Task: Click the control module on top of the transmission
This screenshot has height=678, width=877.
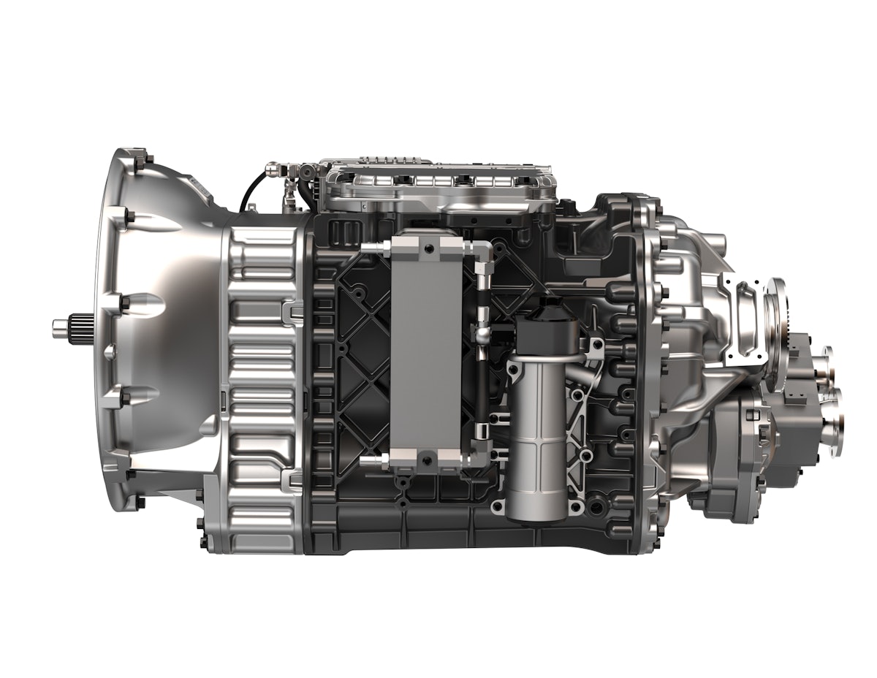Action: (x=438, y=186)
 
